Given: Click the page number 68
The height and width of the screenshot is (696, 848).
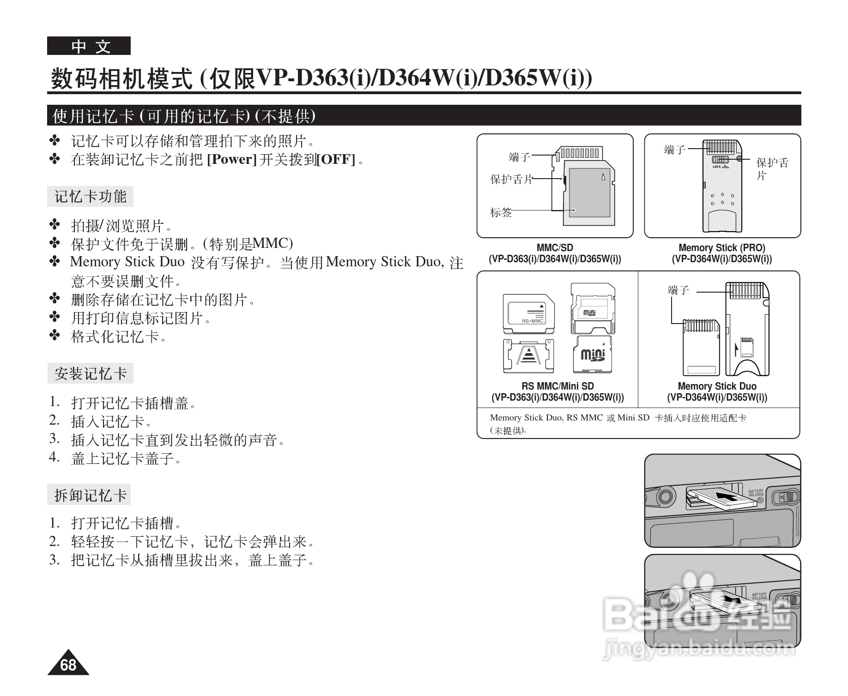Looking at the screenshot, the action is coord(68,665).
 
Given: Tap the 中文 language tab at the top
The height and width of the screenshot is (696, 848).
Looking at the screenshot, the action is coord(89,46).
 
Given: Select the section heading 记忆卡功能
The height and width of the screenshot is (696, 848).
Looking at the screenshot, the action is coord(91,197).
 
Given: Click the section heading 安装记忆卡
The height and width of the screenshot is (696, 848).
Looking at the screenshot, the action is coord(91,373).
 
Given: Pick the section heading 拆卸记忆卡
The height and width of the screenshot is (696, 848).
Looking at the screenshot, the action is coord(90,495).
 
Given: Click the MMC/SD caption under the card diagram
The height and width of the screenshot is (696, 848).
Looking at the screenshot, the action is coord(555,248).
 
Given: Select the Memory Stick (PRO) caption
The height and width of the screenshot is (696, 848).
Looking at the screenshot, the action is coord(722,248).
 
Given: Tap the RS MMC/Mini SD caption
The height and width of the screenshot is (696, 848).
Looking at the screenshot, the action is coord(557,386).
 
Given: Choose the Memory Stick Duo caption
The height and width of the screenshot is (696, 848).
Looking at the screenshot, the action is coord(717,386).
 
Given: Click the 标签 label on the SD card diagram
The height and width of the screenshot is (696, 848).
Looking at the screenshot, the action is coord(501,213).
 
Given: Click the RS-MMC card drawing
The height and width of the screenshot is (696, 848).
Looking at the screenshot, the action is coord(529,314).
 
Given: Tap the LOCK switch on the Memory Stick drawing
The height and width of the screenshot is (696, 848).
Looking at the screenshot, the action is coord(720,160).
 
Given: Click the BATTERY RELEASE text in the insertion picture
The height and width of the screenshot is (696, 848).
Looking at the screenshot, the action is coord(756,493).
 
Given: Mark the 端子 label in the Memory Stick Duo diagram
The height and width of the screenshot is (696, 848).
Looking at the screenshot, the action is coord(678,290).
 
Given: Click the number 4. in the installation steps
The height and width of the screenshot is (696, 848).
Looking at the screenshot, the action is coord(55,457).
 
